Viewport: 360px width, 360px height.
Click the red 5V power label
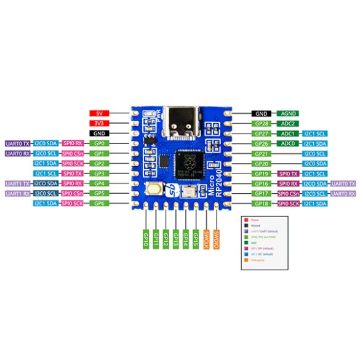99,114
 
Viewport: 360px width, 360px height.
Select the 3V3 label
99,123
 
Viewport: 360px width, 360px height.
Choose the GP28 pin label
263,124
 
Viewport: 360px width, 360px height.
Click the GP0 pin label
99,143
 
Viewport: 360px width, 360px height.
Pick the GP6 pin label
99,203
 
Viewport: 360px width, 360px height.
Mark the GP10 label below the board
146,237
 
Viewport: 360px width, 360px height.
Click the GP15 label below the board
196,237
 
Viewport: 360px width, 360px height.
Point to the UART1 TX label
17,183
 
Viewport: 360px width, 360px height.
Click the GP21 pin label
263,153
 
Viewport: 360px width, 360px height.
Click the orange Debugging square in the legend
246,261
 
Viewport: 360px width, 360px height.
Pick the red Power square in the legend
246,220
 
